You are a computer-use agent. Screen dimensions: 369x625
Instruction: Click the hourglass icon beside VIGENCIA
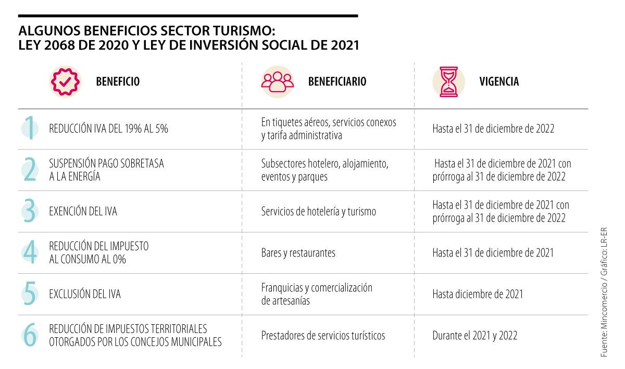click(x=448, y=82)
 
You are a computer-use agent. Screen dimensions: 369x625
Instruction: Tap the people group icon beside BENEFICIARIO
click(x=277, y=82)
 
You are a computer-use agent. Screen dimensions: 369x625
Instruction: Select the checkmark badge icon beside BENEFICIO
click(x=66, y=82)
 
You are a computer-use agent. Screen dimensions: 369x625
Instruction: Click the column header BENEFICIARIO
click(x=337, y=82)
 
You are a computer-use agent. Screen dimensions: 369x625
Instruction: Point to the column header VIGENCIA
click(x=498, y=82)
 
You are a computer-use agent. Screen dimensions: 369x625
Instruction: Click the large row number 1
click(x=30, y=129)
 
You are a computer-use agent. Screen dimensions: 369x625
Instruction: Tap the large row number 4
click(x=30, y=252)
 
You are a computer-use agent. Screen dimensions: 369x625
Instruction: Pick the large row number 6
click(x=30, y=335)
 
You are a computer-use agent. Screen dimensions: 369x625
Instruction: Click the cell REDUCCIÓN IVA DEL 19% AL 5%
click(x=108, y=129)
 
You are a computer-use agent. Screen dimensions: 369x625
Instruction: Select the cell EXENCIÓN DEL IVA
click(x=83, y=211)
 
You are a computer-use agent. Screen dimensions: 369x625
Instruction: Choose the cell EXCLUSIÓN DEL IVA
click(x=84, y=294)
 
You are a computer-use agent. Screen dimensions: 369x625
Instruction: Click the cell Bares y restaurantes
click(x=298, y=253)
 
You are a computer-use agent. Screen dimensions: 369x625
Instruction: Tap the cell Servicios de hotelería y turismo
click(x=318, y=211)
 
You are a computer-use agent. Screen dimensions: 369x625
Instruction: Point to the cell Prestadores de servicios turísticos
click(x=323, y=336)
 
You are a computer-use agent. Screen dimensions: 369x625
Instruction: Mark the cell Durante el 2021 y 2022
click(x=474, y=336)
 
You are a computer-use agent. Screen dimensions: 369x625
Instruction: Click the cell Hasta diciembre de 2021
click(x=477, y=294)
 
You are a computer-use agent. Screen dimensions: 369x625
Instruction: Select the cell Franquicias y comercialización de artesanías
click(x=317, y=294)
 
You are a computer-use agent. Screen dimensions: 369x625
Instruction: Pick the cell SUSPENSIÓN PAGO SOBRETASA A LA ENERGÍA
click(x=106, y=170)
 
